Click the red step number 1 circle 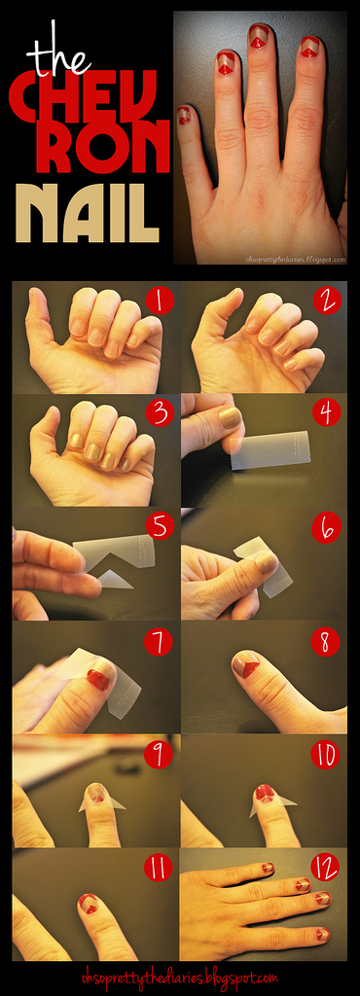[160, 302]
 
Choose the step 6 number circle [327, 528]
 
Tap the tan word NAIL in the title [87, 213]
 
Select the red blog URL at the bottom [180, 976]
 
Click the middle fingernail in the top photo [259, 38]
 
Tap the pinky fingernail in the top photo [184, 116]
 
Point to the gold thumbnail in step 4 [229, 416]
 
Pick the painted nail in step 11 [90, 902]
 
